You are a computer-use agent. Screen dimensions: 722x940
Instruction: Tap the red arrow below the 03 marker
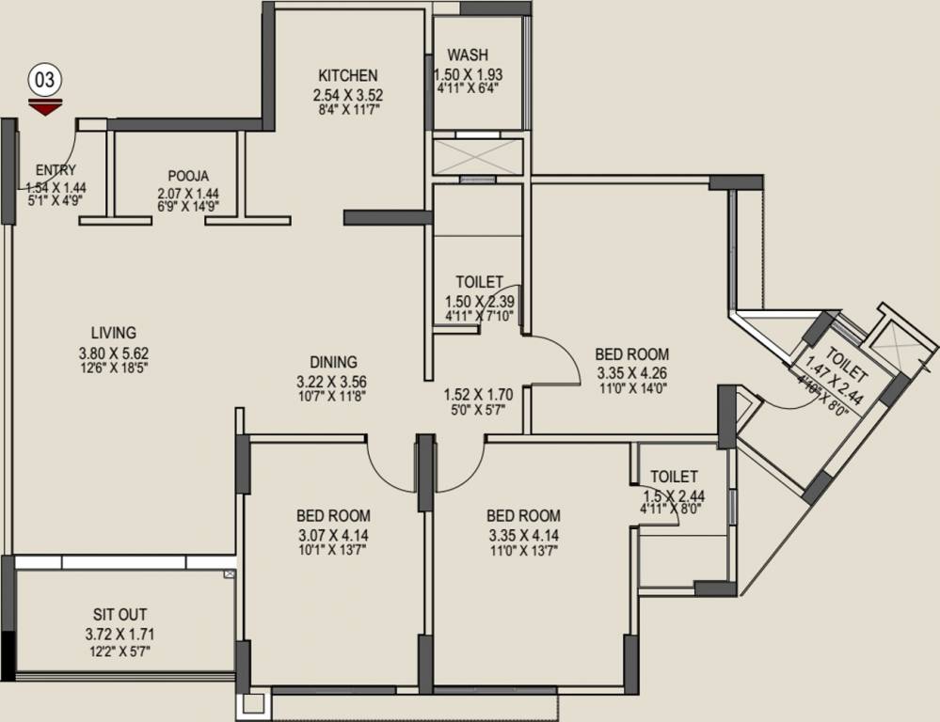pyautogui.click(x=44, y=106)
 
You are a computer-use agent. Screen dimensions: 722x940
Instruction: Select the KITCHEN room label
pyautogui.click(x=347, y=75)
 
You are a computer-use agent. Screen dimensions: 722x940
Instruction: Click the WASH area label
pyautogui.click(x=468, y=55)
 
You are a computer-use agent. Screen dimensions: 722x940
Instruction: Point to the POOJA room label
pyautogui.click(x=188, y=175)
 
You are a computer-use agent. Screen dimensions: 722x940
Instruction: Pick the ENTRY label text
pyautogui.click(x=56, y=170)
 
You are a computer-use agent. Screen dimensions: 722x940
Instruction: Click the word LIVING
pyautogui.click(x=113, y=332)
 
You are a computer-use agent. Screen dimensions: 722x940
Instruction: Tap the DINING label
pyautogui.click(x=333, y=361)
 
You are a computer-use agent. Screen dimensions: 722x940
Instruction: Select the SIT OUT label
pyautogui.click(x=119, y=614)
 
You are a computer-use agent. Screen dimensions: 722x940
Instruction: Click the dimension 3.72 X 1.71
pyautogui.click(x=119, y=633)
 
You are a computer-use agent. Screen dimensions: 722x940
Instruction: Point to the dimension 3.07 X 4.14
pyautogui.click(x=333, y=534)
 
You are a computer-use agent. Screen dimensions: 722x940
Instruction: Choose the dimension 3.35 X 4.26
pyautogui.click(x=631, y=372)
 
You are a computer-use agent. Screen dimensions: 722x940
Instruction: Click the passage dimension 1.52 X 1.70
pyautogui.click(x=477, y=394)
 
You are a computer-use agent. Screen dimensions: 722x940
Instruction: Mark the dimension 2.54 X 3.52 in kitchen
pyautogui.click(x=347, y=94)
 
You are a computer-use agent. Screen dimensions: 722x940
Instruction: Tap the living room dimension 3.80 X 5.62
pyautogui.click(x=113, y=351)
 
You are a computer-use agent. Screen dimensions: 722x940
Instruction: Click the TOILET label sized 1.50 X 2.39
pyautogui.click(x=479, y=281)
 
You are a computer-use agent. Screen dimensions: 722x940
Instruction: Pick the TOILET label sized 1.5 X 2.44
pyautogui.click(x=674, y=477)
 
